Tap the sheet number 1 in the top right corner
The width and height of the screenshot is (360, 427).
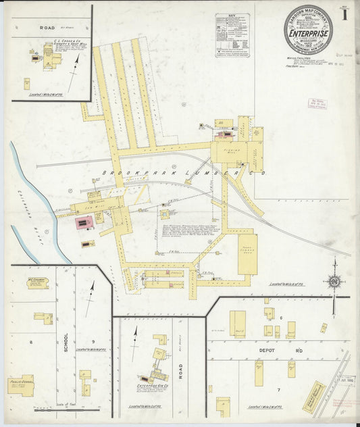[344, 16]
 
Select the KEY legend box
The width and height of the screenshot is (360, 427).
[232, 35]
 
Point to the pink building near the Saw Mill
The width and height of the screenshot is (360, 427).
[83, 222]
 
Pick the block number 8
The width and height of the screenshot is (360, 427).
[30, 343]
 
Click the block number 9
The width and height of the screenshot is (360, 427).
[93, 341]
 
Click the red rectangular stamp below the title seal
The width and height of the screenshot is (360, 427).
[317, 103]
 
